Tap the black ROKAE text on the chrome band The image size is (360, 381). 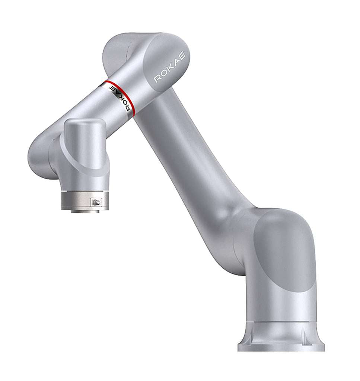(x=119, y=98)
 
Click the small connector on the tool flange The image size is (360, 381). (x=96, y=202)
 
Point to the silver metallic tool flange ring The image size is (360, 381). (x=85, y=201)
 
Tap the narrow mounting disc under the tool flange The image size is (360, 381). (x=85, y=211)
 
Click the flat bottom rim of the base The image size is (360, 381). (x=281, y=348)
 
